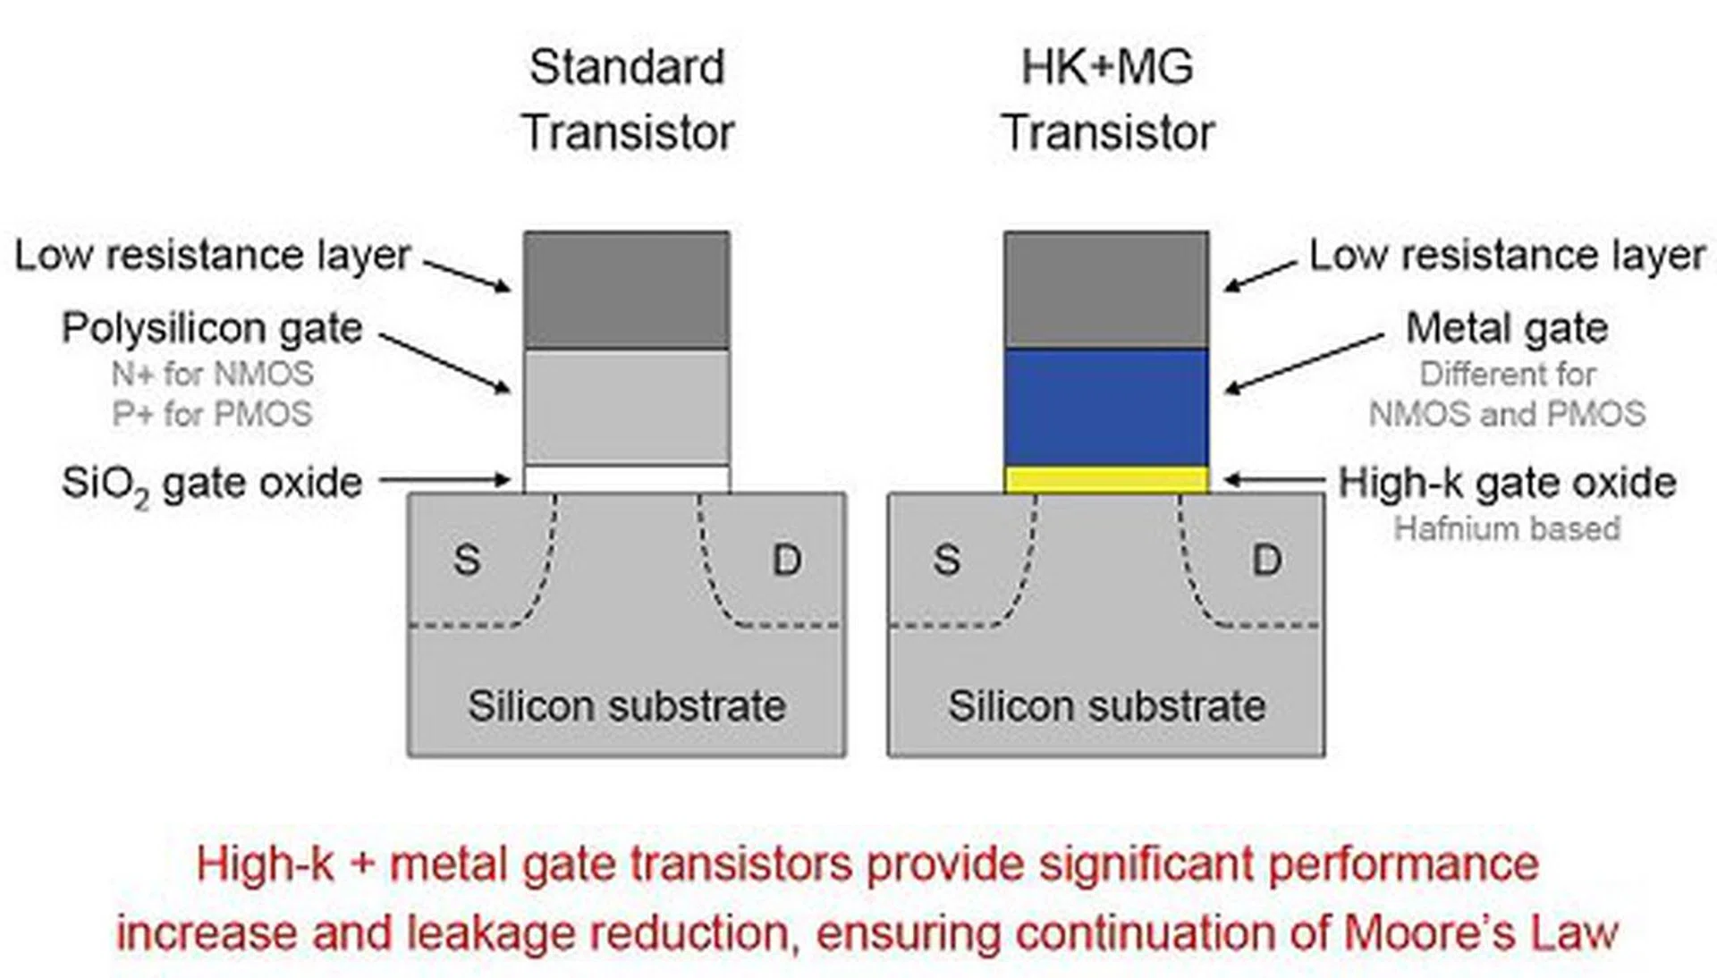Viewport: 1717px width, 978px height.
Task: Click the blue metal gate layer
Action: pyautogui.click(x=1106, y=407)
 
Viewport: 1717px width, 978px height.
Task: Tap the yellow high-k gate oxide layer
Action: pyautogui.click(x=1106, y=479)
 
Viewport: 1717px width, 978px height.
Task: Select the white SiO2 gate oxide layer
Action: pyautogui.click(x=626, y=479)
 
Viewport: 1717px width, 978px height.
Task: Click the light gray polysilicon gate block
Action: pyautogui.click(x=626, y=407)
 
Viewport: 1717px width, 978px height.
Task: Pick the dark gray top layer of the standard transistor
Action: pyautogui.click(x=626, y=290)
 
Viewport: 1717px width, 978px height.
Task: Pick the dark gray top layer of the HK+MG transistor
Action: pyautogui.click(x=1106, y=290)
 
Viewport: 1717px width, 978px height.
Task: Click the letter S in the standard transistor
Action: pyautogui.click(x=467, y=561)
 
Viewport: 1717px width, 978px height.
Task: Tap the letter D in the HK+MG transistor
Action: pyautogui.click(x=1265, y=561)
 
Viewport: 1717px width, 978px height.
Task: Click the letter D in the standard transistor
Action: pyautogui.click(x=786, y=561)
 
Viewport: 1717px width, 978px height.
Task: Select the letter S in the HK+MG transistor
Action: pyautogui.click(x=946, y=561)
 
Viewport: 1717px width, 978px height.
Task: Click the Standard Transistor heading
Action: pyautogui.click(x=627, y=99)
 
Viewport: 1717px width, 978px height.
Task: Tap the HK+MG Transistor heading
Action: pyautogui.click(x=1107, y=99)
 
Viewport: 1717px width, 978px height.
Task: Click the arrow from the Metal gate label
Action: pyautogui.click(x=1304, y=363)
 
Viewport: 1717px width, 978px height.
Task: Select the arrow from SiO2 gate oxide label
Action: pyautogui.click(x=444, y=480)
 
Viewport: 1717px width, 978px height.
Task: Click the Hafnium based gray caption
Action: pyautogui.click(x=1507, y=528)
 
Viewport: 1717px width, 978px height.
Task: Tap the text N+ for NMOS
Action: pyautogui.click(x=212, y=374)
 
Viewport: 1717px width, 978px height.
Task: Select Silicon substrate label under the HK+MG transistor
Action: pyautogui.click(x=1106, y=706)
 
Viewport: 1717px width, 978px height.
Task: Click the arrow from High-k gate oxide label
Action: pyautogui.click(x=1274, y=480)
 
